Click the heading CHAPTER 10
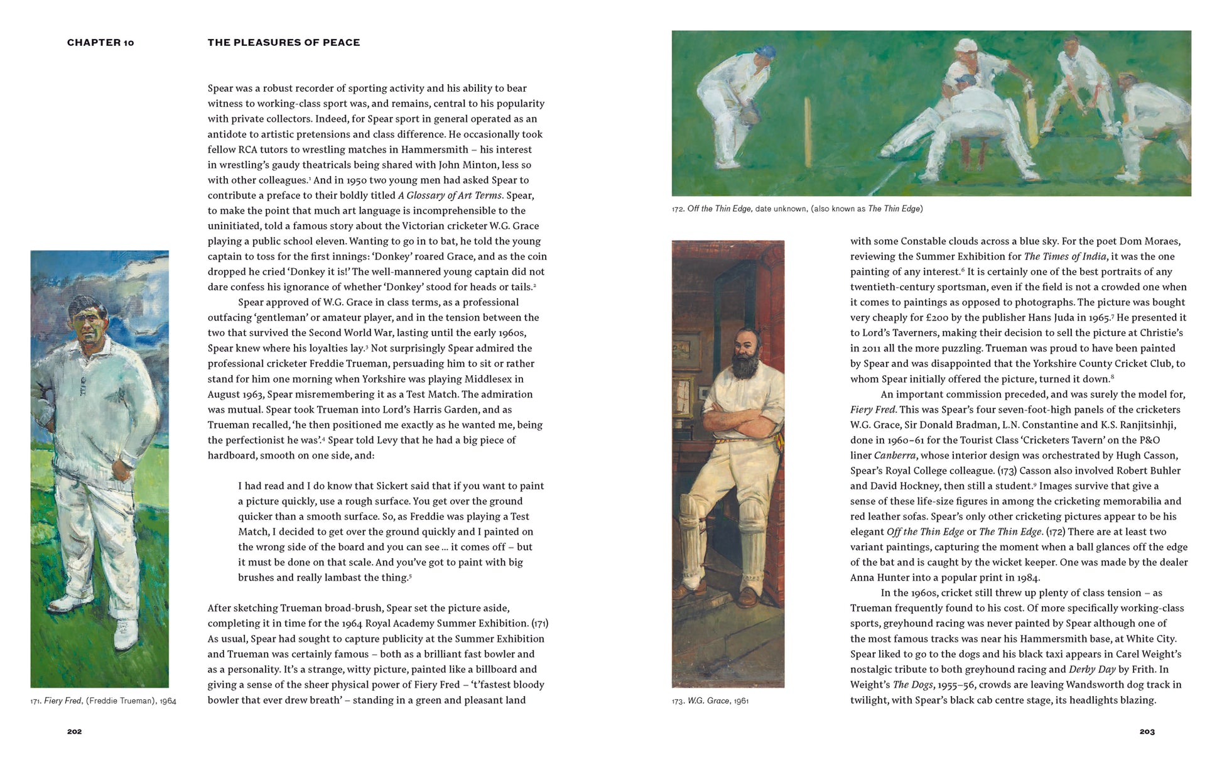pyautogui.click(x=100, y=43)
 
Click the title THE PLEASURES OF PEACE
pyautogui.click(x=284, y=43)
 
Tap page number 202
pyautogui.click(x=75, y=731)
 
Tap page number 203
pyautogui.click(x=1147, y=731)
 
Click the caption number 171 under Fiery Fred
pyautogui.click(x=36, y=701)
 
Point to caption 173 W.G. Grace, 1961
pyautogui.click(x=710, y=701)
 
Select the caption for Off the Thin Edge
pyautogui.click(x=797, y=209)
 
